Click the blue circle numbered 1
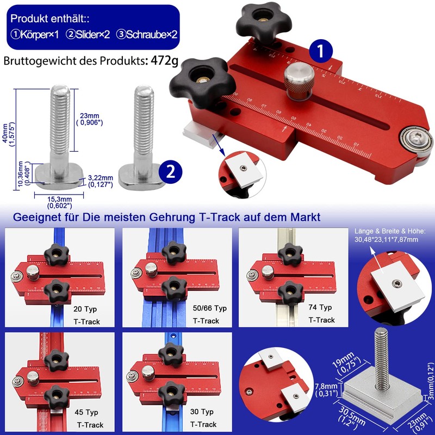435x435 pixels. (321, 52)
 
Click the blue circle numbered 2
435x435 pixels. (170, 172)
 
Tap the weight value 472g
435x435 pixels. (161, 60)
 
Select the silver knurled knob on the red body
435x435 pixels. (297, 80)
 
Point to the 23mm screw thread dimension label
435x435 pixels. (89, 118)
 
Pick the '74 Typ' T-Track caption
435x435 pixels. (321, 314)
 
